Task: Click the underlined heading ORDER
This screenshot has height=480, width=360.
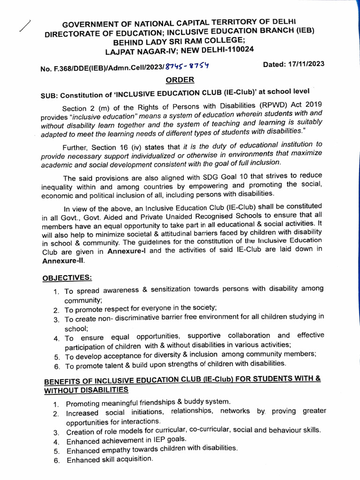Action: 180,80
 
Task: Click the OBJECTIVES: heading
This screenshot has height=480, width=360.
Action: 67,277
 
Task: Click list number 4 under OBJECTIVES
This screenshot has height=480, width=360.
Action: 56,338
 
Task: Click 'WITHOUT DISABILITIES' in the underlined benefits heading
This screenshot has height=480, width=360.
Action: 86,390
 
